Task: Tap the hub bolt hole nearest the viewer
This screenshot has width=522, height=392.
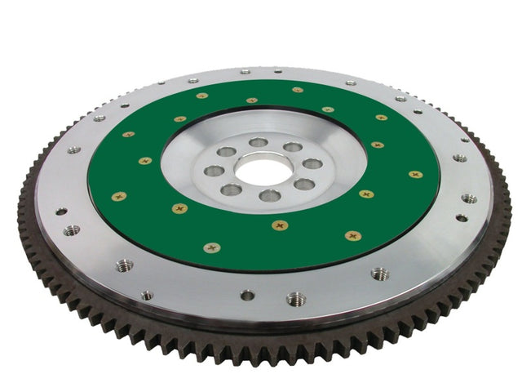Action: tap(270, 195)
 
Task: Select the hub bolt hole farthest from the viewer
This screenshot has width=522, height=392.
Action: tap(259, 142)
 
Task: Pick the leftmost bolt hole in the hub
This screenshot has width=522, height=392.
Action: tap(214, 171)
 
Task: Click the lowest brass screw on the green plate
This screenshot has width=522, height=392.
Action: tap(212, 247)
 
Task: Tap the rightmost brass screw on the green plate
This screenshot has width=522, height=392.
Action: tap(415, 174)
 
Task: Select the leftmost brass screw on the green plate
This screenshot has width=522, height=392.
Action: tap(119, 196)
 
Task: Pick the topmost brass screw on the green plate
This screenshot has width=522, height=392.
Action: tap(297, 90)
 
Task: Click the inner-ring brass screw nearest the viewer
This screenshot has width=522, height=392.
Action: tap(280, 225)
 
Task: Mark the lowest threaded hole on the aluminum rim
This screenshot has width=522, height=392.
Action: tap(296, 299)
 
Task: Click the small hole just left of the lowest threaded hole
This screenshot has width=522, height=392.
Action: tap(247, 295)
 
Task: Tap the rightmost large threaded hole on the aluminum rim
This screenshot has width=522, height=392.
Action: tap(469, 198)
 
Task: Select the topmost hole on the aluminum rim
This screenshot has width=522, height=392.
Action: tap(246, 72)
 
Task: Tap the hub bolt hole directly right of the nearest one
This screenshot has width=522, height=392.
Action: tap(304, 184)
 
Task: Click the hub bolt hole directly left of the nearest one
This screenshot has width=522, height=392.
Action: tap(232, 189)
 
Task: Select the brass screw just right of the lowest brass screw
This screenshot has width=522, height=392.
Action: tap(352, 236)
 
